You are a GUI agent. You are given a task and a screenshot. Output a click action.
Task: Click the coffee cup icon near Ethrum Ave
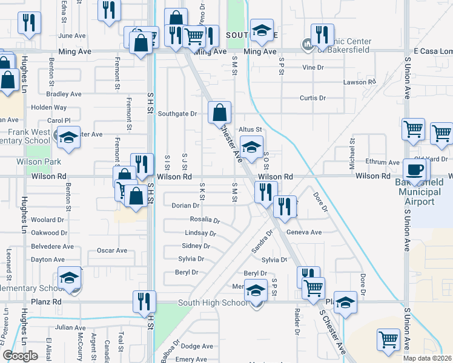pos(415,170)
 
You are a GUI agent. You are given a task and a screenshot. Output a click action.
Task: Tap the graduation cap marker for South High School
pos(256,292)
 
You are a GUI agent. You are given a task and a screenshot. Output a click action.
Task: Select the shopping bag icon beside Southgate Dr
pos(219,113)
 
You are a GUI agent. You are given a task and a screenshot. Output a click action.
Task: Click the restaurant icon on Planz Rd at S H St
pos(144,301)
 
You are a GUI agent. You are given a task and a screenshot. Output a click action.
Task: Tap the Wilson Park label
pos(39,162)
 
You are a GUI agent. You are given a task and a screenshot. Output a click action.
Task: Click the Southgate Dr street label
pos(177,114)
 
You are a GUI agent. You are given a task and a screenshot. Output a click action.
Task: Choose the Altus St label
pos(250,129)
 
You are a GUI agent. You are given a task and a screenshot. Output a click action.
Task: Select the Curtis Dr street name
pos(312,98)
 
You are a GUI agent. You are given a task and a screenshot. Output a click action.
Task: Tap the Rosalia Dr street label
pos(204,220)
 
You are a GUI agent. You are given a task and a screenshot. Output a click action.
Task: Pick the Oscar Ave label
pos(112,250)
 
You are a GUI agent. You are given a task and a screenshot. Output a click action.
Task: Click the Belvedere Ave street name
pos(52,247)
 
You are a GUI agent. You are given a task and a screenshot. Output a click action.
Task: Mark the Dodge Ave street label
pos(197,347)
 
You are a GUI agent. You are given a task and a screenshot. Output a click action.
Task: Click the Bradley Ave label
pos(64,94)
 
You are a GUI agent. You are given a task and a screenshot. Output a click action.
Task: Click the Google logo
pos(20,356)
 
